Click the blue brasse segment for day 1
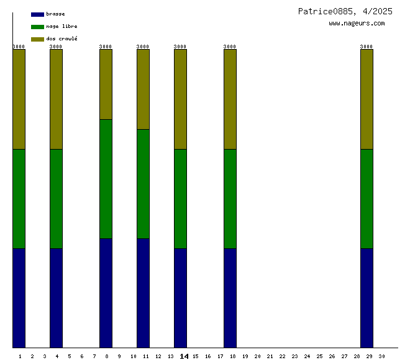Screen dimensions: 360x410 pyautogui.click(x=19, y=298)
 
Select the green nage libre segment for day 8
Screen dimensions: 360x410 pyautogui.click(x=106, y=179)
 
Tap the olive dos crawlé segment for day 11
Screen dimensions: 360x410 pyautogui.click(x=143, y=89)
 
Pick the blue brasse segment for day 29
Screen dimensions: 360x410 pyautogui.click(x=367, y=298)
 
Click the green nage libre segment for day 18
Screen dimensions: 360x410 pyautogui.click(x=230, y=199)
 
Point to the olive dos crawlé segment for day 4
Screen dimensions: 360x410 pyautogui.click(x=56, y=99)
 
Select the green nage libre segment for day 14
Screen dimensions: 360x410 pyautogui.click(x=180, y=199)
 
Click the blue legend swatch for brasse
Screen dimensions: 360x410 pyautogui.click(x=37, y=14)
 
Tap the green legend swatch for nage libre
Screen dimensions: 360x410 pyautogui.click(x=37, y=27)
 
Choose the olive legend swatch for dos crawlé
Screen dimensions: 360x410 pyautogui.click(x=37, y=39)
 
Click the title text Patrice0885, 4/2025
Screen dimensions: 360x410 pyautogui.click(x=345, y=11)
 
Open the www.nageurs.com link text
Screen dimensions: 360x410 pyautogui.click(x=357, y=24)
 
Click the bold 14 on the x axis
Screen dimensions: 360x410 pyautogui.click(x=184, y=356)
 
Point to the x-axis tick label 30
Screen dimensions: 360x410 pyautogui.click(x=381, y=356)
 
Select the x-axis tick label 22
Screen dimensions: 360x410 pyautogui.click(x=282, y=356)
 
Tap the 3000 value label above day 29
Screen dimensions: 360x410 pyautogui.click(x=367, y=47)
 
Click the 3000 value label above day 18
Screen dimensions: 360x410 pyautogui.click(x=230, y=47)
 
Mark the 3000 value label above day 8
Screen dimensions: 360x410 pyautogui.click(x=106, y=47)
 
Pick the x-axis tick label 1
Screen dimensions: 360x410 pyautogui.click(x=20, y=356)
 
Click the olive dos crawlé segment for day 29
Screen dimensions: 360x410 pyautogui.click(x=367, y=99)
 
